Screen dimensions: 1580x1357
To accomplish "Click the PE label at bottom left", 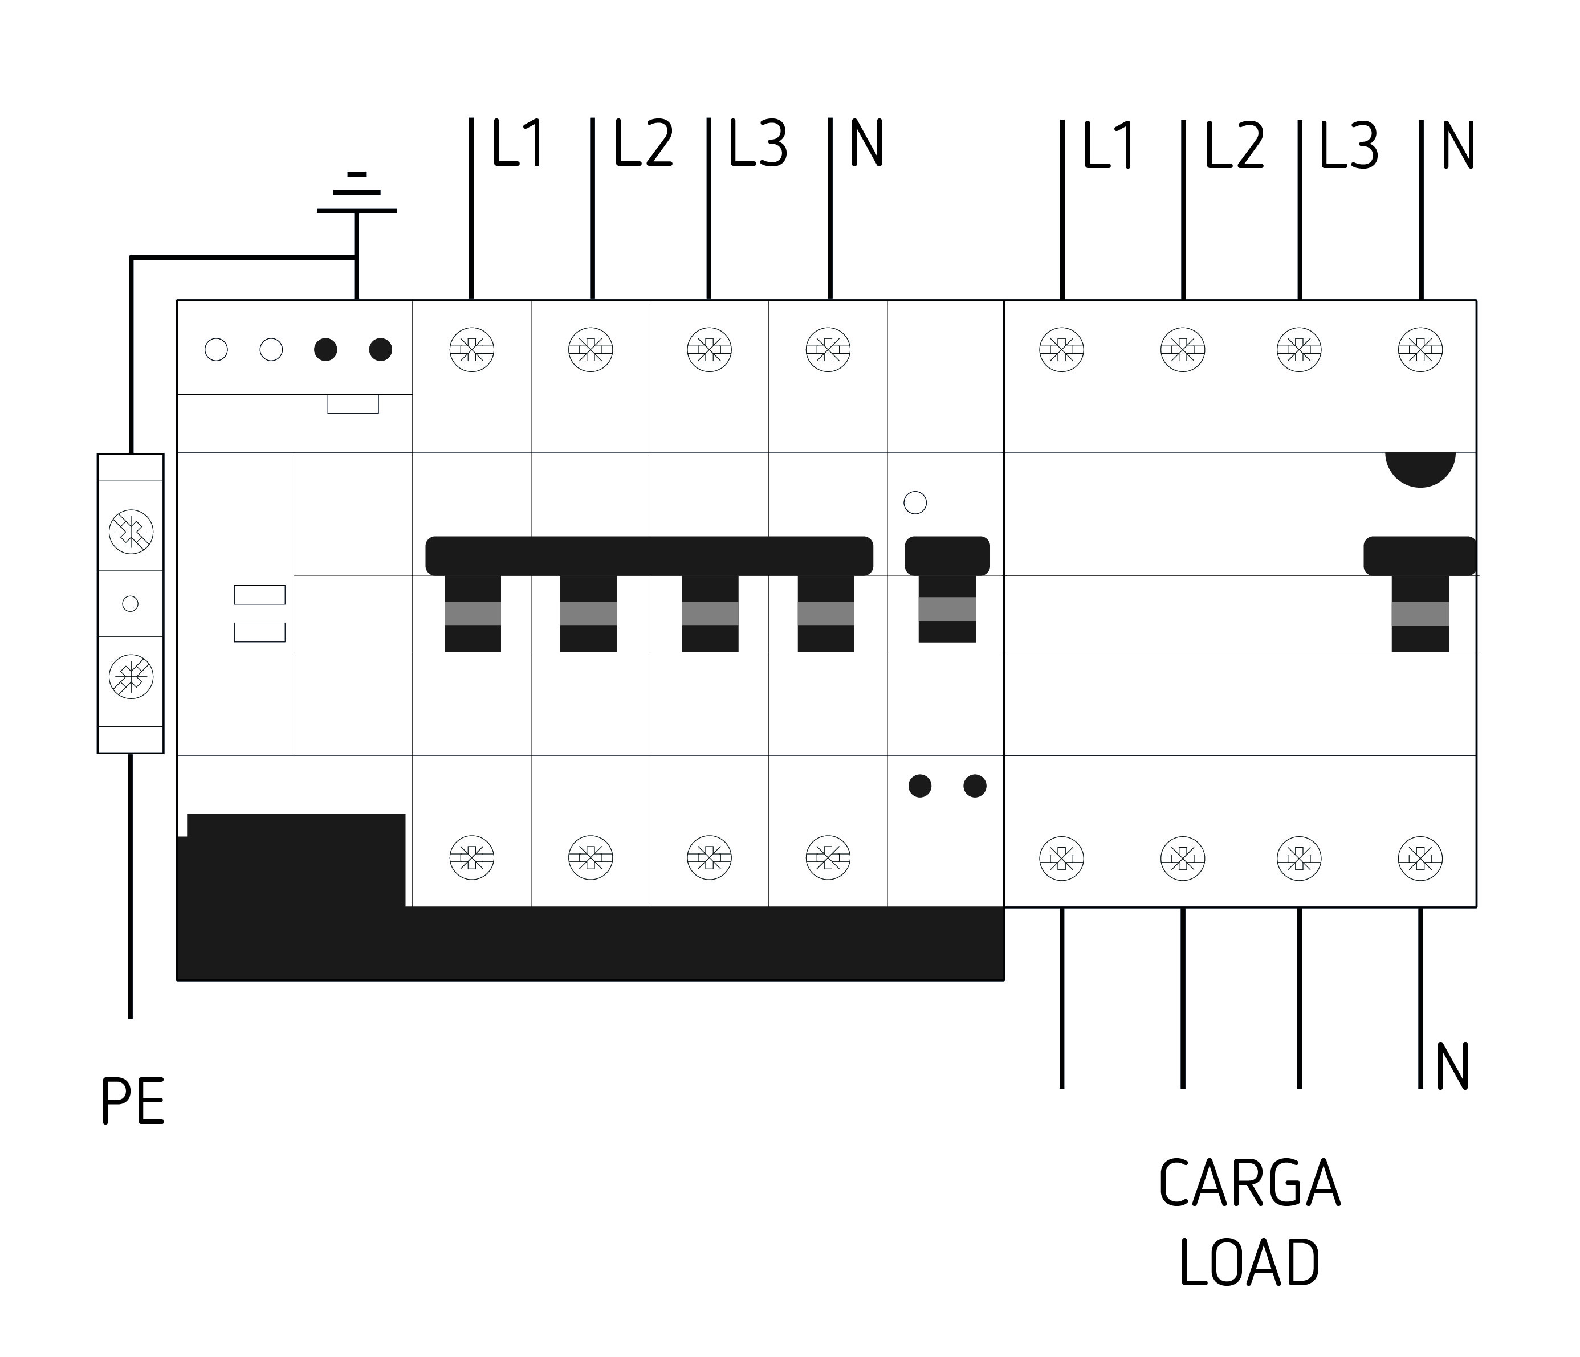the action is (x=133, y=1102).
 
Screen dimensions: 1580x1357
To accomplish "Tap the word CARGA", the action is (x=1249, y=1184).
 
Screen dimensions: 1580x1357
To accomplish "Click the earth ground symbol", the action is (x=356, y=194).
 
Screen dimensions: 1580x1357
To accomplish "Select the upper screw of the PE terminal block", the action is (x=131, y=532).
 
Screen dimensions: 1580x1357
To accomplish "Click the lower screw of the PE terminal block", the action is (x=131, y=676).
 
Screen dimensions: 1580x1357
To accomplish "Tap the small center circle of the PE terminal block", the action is (x=131, y=604).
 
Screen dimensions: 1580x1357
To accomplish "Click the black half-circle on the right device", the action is (x=1420, y=469).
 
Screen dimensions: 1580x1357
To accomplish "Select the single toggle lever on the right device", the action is (x=1420, y=594).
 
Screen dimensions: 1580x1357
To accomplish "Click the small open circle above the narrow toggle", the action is (x=915, y=502).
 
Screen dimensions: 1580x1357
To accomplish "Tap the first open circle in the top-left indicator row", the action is (x=217, y=350).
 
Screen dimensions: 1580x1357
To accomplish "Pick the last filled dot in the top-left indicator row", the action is (x=381, y=350).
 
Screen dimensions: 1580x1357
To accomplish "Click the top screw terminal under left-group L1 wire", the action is (x=472, y=350).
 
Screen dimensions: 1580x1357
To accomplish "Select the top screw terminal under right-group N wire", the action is (x=1420, y=350).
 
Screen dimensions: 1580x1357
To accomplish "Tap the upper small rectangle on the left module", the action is (x=259, y=595).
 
